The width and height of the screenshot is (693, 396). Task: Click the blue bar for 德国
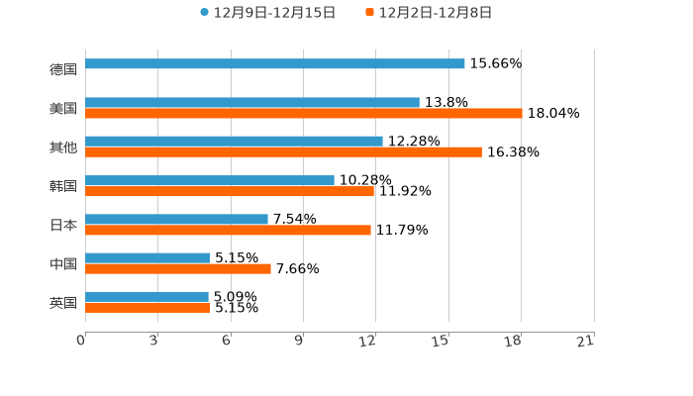[x=275, y=64]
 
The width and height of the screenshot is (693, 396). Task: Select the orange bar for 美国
[x=303, y=114]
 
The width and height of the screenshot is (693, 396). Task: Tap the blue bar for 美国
[x=252, y=103]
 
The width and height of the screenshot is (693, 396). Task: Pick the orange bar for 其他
[x=283, y=152]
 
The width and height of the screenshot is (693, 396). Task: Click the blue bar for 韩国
[x=210, y=180]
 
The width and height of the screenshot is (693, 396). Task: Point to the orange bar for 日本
[x=228, y=230]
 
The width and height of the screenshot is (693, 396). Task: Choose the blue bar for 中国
[x=148, y=257]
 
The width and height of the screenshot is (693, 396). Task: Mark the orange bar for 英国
[x=148, y=308]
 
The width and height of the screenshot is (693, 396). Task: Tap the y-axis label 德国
[x=63, y=69]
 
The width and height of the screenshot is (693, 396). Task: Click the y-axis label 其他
[x=63, y=148]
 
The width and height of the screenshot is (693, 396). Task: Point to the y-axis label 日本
[x=63, y=225]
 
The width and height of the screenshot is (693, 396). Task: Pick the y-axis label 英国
[x=63, y=302]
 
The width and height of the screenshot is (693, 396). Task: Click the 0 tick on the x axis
[x=82, y=341]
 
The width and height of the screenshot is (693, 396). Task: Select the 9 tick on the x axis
[x=300, y=341]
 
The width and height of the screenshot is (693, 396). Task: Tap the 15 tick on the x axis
[x=442, y=341]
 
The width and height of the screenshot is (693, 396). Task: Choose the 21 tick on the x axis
[x=586, y=341]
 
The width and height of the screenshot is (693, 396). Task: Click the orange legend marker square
[x=370, y=13]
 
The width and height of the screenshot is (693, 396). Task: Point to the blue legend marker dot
[x=205, y=13]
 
